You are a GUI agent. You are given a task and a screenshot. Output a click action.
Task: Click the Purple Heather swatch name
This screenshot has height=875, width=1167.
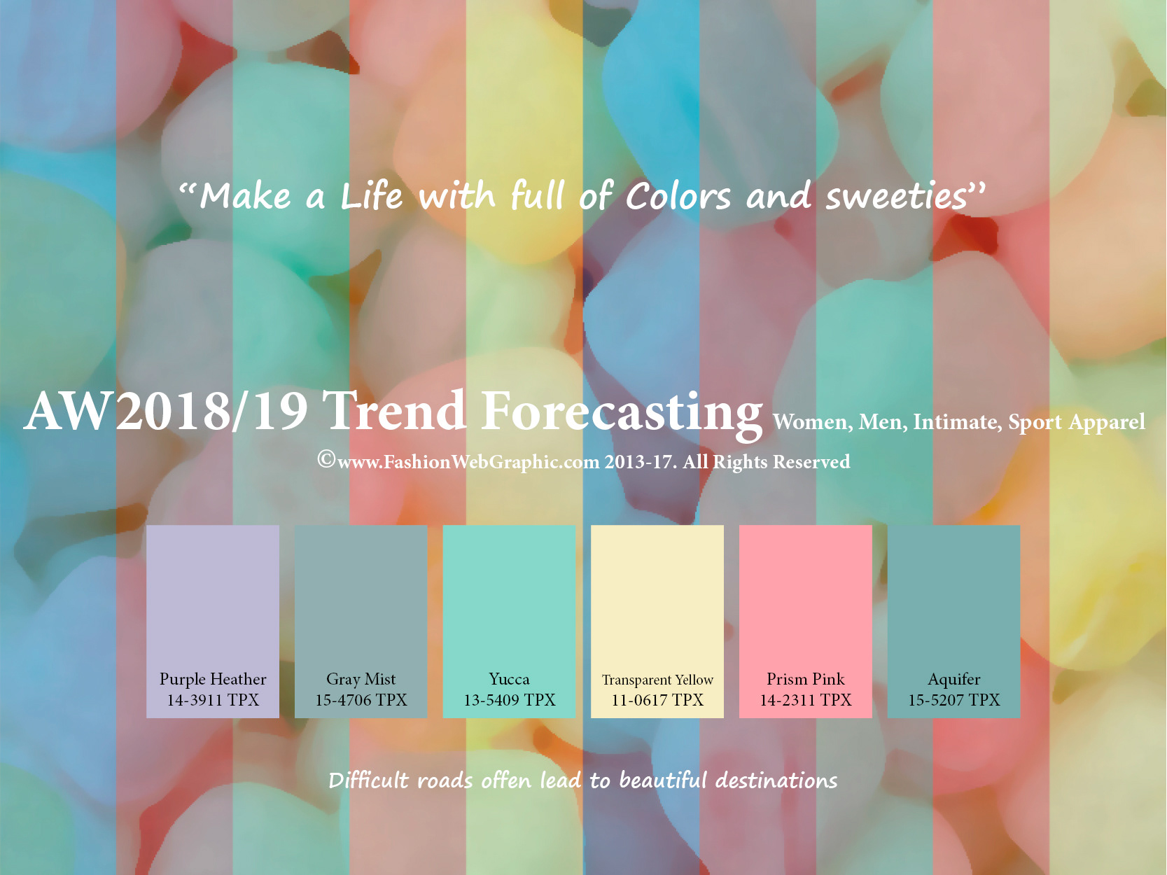coord(213,680)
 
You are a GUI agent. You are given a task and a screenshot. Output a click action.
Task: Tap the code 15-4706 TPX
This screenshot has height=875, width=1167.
coord(361,700)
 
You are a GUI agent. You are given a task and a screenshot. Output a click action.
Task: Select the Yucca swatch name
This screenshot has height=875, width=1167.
coord(510,680)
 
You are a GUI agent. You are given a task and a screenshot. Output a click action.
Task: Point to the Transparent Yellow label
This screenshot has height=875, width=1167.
coord(657,680)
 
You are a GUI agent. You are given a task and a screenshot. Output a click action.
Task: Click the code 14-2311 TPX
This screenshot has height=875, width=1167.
coord(806,700)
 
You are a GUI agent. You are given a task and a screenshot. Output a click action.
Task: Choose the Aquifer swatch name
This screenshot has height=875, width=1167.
coord(953,680)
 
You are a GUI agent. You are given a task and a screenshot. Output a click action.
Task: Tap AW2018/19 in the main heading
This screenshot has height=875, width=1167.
coord(165,412)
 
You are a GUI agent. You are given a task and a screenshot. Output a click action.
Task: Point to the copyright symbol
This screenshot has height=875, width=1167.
coord(326,459)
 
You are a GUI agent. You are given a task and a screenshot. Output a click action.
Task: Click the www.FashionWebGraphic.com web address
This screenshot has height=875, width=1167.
coord(468,463)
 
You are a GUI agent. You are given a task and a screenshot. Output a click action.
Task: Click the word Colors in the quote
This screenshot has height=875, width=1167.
coord(678,196)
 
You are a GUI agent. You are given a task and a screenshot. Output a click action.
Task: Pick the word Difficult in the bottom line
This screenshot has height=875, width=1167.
coord(370,780)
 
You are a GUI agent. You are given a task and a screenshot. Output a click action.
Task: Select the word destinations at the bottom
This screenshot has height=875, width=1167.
coord(776,780)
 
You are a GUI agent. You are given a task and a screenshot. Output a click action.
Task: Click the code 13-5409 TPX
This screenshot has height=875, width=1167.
coord(510,700)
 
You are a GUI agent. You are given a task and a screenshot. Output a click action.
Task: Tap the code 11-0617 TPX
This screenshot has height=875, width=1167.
coord(657,700)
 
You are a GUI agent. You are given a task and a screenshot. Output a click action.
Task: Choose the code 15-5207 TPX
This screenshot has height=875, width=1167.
coord(953,700)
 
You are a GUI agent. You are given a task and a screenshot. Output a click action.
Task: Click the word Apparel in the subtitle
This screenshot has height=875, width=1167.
coord(1107,423)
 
